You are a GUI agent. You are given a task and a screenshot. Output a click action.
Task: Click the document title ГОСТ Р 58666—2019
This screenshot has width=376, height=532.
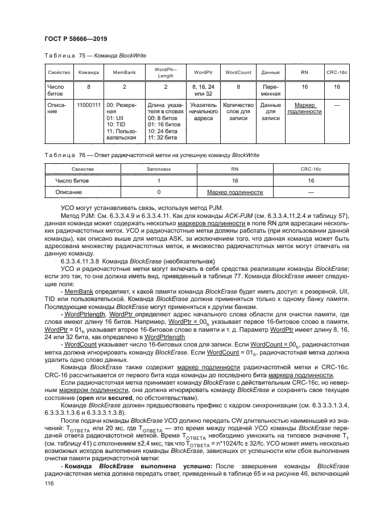[x=76, y=39]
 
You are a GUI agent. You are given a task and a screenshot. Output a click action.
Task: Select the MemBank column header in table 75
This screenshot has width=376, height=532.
[x=124, y=73]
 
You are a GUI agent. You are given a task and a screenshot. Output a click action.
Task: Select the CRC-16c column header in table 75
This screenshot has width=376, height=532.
[x=337, y=73]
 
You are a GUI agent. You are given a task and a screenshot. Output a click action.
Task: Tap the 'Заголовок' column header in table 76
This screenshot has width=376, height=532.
[x=159, y=169]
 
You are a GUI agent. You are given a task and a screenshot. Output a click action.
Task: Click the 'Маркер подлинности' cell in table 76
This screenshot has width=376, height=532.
[x=235, y=192]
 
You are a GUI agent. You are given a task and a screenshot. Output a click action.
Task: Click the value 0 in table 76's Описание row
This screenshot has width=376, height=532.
[x=159, y=192]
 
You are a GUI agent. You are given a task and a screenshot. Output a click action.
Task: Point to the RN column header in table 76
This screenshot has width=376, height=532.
[x=235, y=169]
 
